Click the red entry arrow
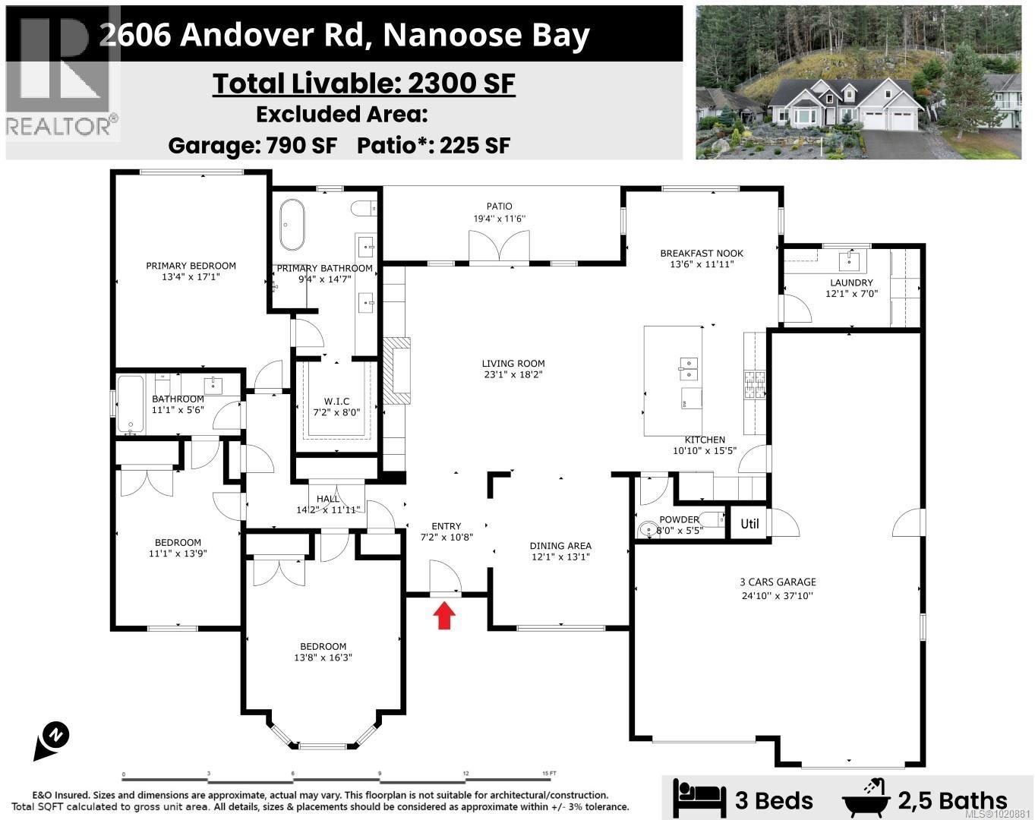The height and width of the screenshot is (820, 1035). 444,616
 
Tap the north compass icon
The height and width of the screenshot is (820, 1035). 52,740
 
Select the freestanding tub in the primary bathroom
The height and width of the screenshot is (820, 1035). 292,224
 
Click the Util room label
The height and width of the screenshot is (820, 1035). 749,523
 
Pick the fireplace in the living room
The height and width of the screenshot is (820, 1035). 396,371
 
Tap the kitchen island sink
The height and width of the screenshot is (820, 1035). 688,368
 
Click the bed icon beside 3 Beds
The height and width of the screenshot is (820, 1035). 697,799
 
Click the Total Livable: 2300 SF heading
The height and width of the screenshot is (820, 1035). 364,83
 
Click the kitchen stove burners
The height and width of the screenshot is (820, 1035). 753,383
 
